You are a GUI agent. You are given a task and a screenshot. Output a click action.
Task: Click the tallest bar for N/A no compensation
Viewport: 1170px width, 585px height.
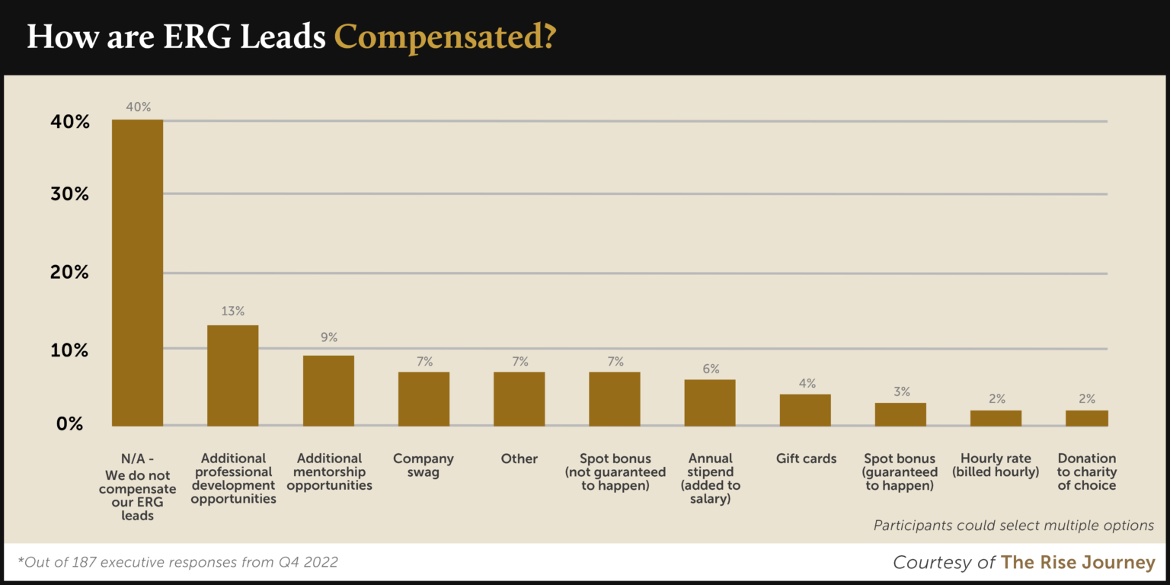tap(137, 272)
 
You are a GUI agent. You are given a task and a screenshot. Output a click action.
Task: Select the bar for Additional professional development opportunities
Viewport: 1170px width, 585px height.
tap(232, 376)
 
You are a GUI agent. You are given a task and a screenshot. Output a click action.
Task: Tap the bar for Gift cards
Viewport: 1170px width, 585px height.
tap(805, 410)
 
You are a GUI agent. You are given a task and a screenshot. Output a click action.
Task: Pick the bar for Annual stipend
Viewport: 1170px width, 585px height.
tap(710, 402)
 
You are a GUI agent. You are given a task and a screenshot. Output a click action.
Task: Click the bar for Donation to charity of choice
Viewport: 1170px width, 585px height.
tap(1087, 417)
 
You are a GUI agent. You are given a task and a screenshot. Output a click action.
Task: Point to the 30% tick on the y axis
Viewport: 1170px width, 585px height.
tap(70, 194)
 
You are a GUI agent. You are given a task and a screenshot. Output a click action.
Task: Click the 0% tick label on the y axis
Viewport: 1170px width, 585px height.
tap(70, 424)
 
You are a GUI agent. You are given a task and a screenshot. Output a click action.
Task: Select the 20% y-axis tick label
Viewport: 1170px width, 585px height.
tap(70, 273)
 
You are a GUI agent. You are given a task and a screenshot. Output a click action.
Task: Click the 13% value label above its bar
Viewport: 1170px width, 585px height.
tap(233, 311)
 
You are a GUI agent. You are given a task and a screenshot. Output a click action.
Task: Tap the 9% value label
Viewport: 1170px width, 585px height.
tap(328, 337)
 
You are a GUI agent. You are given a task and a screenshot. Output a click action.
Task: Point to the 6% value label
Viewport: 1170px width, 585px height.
tap(711, 369)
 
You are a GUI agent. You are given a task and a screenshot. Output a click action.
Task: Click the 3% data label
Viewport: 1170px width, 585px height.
tap(901, 392)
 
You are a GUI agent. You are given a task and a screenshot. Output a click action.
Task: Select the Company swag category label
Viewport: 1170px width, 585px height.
tap(424, 465)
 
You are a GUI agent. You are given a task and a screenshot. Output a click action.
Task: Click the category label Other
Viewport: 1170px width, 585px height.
tap(519, 459)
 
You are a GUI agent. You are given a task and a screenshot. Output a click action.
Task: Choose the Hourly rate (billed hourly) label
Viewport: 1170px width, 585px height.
tap(996, 465)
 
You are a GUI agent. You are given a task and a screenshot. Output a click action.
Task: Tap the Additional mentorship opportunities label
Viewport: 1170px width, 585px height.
tap(330, 472)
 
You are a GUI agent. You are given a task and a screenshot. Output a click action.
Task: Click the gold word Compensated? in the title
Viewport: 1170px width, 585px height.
tap(445, 37)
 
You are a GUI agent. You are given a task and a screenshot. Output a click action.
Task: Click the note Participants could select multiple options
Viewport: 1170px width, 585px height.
tap(1013, 526)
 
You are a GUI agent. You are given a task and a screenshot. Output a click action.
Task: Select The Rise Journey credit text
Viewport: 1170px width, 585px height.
tap(1078, 562)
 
